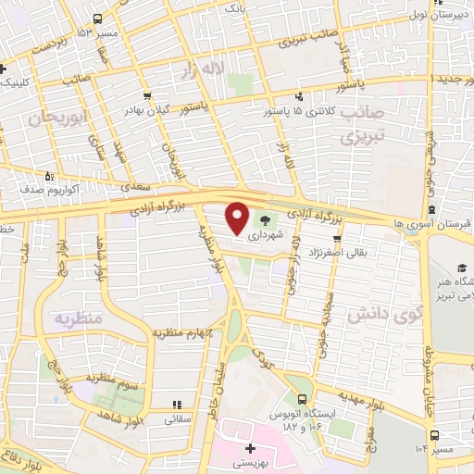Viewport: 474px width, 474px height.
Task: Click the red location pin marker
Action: (238, 218)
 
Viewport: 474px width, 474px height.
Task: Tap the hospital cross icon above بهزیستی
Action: (238, 428)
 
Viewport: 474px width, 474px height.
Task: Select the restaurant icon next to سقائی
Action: (175, 404)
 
